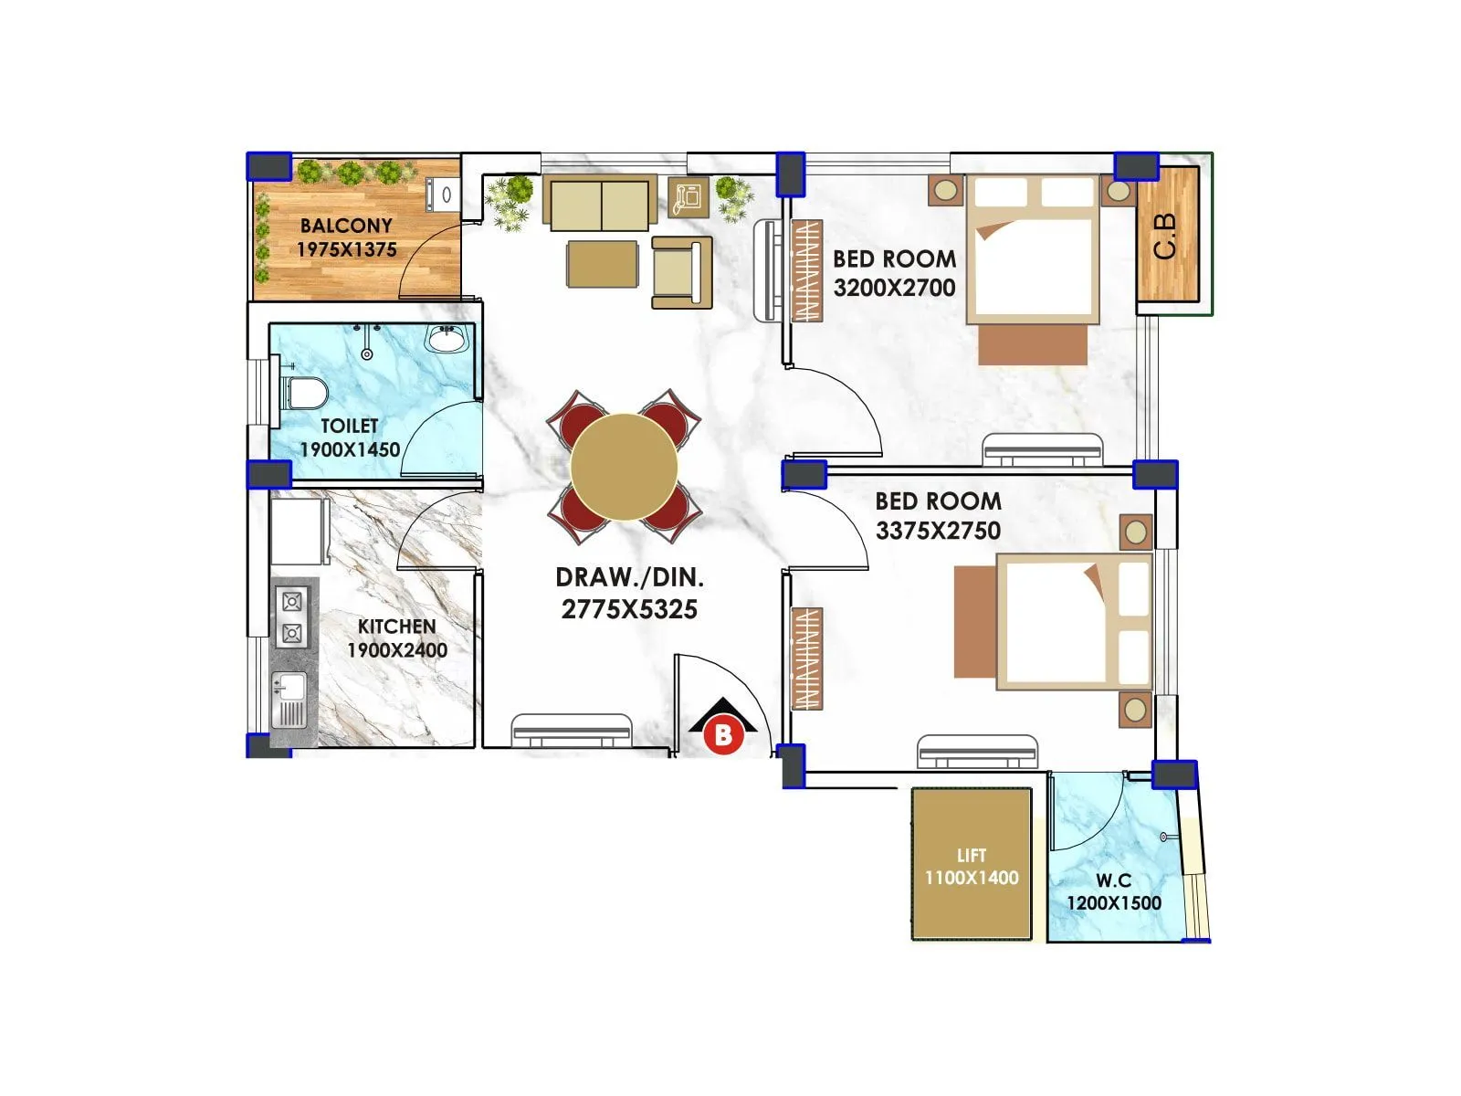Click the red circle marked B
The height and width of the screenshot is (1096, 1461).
pos(723,735)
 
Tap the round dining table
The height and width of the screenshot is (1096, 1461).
pos(625,467)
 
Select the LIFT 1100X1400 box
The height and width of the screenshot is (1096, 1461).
pos(972,865)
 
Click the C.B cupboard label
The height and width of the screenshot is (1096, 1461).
pos(1166,236)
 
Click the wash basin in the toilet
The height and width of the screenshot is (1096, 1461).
pos(447,339)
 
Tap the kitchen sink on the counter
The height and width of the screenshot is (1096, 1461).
pos(289,701)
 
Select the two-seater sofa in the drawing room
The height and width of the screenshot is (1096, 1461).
pos(600,204)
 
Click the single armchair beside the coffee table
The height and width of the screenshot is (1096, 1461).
pos(680,271)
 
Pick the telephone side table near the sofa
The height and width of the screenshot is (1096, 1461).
pos(688,196)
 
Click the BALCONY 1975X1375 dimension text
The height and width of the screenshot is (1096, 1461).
pos(346,249)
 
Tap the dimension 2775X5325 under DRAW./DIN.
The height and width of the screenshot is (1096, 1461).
pos(629,609)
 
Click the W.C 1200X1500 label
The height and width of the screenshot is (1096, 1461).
pos(1114,892)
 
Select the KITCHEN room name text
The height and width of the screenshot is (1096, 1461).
pos(396,627)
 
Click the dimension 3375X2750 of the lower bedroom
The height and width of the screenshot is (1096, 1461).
pos(938,531)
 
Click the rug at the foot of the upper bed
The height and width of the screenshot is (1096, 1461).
pos(1033,345)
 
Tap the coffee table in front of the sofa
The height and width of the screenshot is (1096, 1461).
pos(602,264)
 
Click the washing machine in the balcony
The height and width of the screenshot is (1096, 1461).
pos(443,195)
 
